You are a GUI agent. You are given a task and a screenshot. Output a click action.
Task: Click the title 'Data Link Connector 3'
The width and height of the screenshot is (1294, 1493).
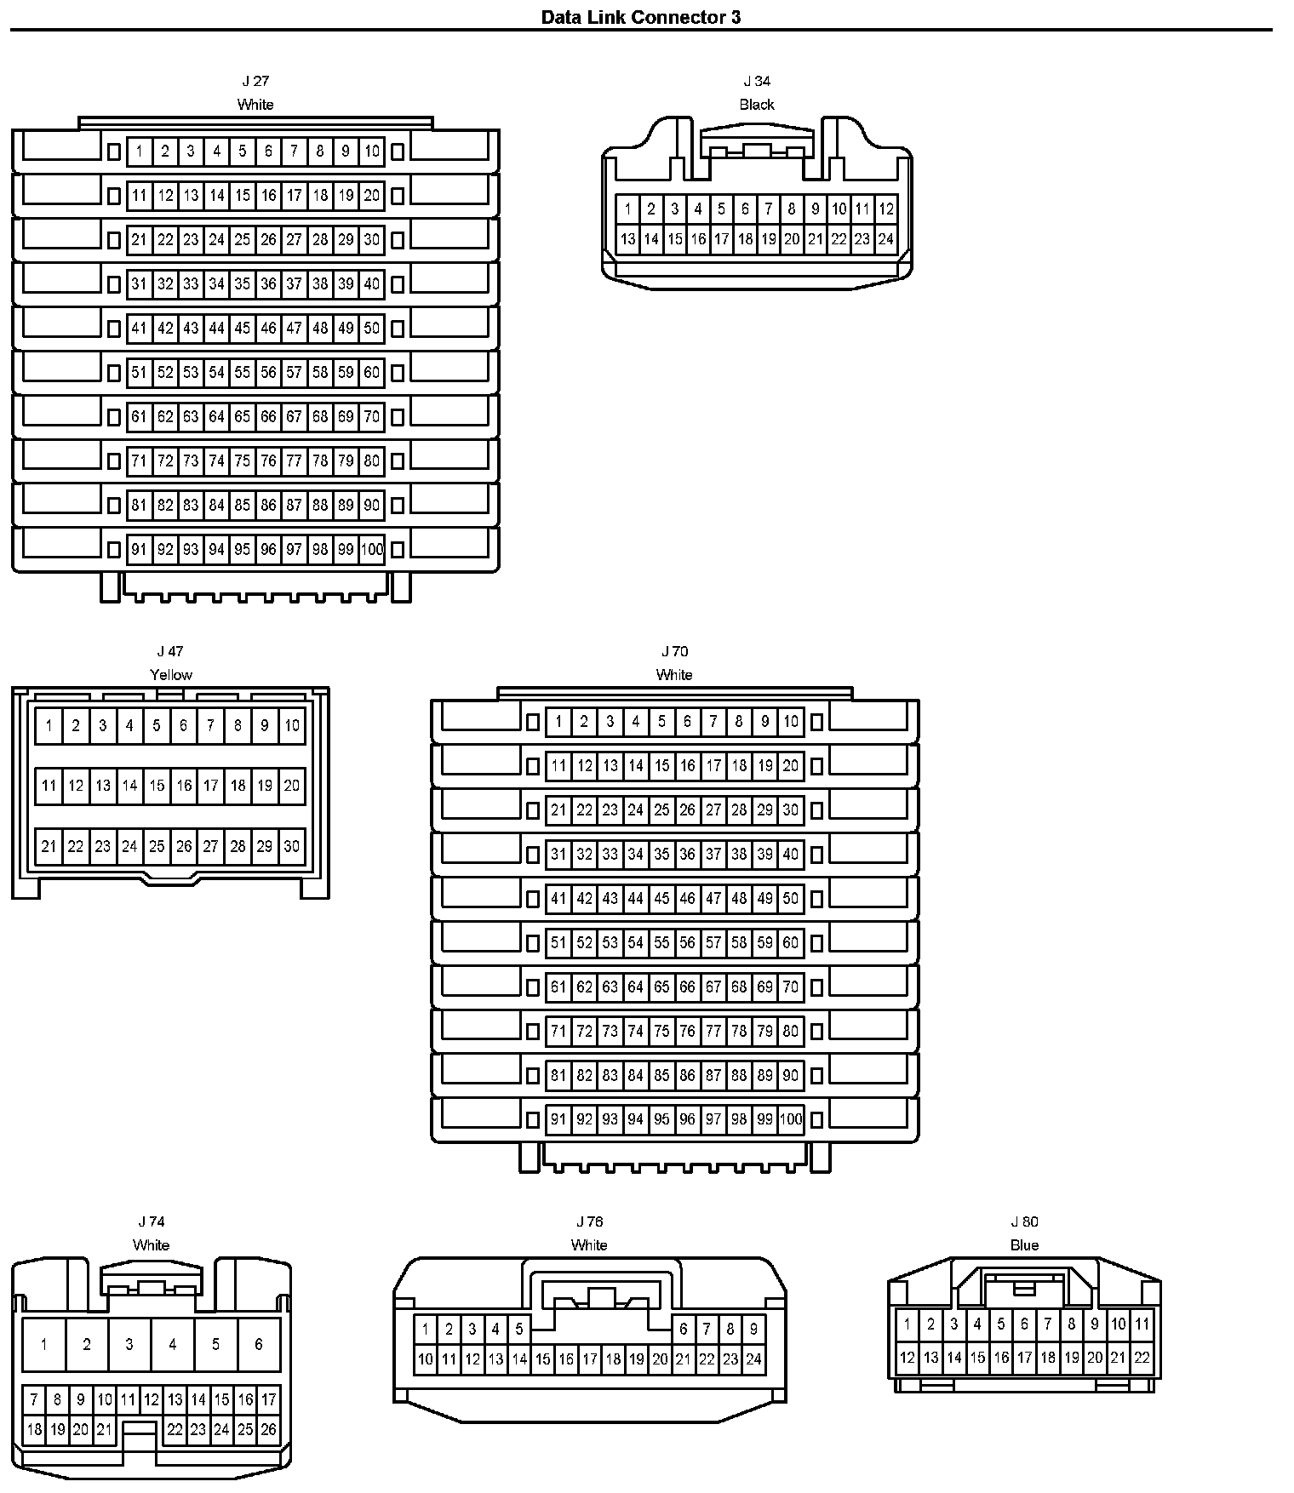click(641, 17)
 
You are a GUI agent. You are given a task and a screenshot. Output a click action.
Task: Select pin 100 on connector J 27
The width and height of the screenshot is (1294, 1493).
click(372, 550)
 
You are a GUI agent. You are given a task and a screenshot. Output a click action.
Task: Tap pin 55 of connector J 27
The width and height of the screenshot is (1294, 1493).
click(243, 373)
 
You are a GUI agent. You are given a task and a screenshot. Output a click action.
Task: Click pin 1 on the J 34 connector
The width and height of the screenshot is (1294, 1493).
click(627, 209)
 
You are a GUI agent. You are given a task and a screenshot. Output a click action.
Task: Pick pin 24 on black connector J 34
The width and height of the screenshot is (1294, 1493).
click(885, 239)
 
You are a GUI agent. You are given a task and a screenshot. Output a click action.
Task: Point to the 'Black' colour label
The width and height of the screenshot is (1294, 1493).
click(757, 105)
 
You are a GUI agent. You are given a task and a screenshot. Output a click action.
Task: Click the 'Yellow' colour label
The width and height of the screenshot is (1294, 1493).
click(171, 675)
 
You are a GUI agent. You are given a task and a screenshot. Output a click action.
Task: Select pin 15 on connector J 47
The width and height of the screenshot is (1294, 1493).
click(157, 786)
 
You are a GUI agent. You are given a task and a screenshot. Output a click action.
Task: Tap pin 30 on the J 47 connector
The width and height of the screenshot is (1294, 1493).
click(292, 847)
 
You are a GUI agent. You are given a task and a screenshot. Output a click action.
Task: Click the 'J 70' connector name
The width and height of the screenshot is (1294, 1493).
click(674, 652)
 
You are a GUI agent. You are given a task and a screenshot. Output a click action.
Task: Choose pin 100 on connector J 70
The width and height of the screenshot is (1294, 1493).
click(791, 1119)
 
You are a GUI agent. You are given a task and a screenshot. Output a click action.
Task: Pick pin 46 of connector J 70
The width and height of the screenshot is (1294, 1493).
click(687, 899)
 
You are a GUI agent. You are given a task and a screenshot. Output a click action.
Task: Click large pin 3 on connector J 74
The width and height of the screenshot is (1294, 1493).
click(129, 1345)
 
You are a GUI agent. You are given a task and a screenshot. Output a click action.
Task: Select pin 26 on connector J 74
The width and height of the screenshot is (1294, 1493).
click(268, 1430)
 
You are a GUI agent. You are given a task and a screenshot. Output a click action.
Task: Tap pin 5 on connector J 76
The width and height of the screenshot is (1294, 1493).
click(519, 1329)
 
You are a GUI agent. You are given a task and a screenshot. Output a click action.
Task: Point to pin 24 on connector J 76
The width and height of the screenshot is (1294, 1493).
click(753, 1359)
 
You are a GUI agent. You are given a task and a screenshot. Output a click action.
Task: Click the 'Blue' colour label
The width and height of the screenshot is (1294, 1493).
click(1024, 1245)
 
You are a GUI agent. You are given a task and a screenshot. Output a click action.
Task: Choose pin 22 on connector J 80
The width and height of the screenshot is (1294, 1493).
click(1142, 1358)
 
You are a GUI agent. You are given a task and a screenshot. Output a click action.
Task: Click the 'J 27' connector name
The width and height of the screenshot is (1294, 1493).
click(255, 82)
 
